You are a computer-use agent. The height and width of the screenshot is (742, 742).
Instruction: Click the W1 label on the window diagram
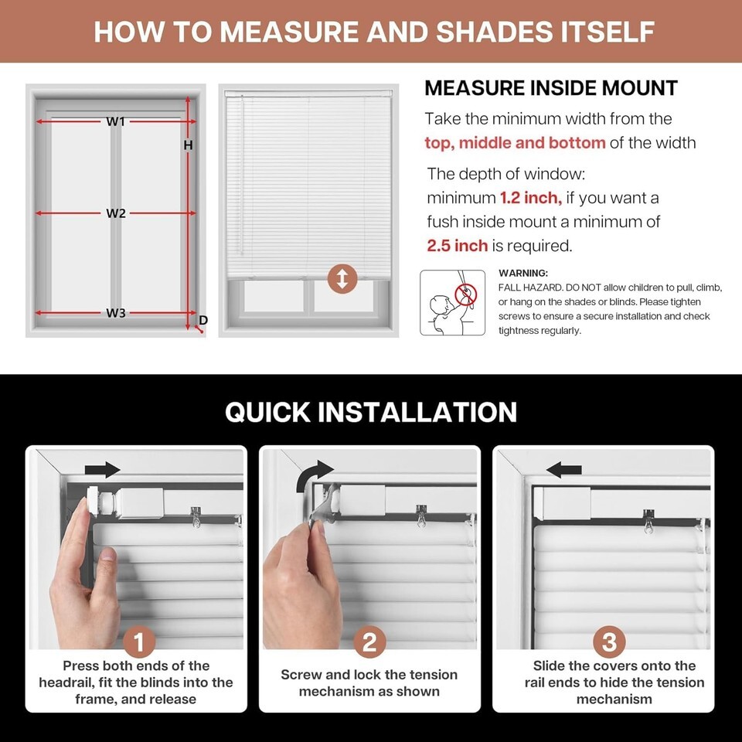(115, 121)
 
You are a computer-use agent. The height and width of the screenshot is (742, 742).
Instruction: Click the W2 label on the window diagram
(115, 213)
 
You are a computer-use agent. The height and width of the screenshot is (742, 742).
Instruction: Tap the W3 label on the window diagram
(115, 313)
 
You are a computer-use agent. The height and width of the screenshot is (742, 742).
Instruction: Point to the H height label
(188, 145)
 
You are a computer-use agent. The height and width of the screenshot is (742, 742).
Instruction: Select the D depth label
(203, 320)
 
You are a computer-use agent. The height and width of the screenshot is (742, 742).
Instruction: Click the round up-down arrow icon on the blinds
(342, 279)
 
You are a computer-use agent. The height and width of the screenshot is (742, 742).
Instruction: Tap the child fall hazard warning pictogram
(452, 302)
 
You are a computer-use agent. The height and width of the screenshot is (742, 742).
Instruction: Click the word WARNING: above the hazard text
(523, 273)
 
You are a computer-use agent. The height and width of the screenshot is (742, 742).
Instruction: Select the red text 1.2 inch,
(531, 198)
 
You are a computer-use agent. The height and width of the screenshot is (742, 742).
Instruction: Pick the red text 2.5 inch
(457, 246)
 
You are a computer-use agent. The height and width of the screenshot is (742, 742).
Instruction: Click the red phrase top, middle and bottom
(515, 142)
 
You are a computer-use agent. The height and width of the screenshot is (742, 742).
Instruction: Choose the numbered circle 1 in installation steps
(138, 642)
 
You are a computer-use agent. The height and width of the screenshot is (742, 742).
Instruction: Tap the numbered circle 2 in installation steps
(369, 642)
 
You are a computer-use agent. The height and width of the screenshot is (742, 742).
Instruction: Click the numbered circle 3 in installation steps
(610, 642)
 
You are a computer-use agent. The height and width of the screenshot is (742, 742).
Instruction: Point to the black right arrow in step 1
(103, 470)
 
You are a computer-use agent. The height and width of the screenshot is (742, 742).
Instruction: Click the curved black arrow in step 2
(312, 474)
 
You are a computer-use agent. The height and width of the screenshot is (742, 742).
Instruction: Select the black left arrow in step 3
(563, 470)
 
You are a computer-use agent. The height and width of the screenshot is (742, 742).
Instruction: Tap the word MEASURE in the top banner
(289, 32)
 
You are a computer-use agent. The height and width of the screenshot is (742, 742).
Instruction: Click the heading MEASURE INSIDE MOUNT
(551, 88)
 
